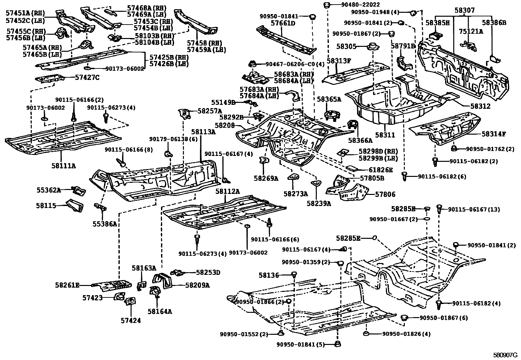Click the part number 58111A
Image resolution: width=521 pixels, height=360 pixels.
pos(63,166)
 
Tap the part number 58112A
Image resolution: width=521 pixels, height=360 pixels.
pos(227,191)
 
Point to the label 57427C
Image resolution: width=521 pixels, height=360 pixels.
pos(87,78)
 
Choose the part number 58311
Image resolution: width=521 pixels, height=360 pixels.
pos(385,135)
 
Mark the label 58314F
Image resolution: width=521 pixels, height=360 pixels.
pos(494,134)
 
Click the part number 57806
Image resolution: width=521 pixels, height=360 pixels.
pos(385,194)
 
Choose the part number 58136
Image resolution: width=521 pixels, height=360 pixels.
pos(269,275)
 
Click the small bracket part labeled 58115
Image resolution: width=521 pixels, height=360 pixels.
pos(75,205)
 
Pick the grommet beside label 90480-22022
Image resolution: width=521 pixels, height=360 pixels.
pos(326,5)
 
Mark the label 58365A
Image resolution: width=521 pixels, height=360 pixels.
pos(329,99)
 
